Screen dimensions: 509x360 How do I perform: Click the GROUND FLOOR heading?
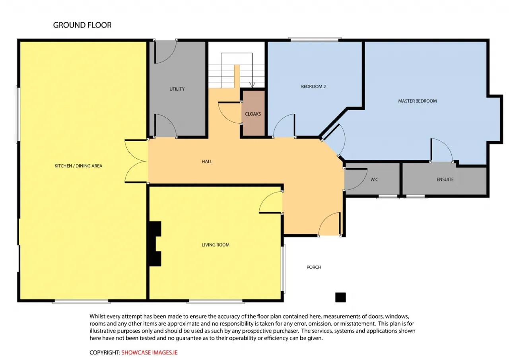pyautogui.click(x=82, y=25)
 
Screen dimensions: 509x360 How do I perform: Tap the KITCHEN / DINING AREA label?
pyautogui.click(x=78, y=166)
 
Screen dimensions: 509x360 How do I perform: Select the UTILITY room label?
pyautogui.click(x=177, y=89)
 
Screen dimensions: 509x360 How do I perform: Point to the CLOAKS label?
pyautogui.click(x=253, y=114)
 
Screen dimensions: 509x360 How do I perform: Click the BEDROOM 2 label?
pyautogui.click(x=313, y=87)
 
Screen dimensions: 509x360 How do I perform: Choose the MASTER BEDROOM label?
pyautogui.click(x=418, y=101)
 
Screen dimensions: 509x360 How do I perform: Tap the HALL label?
pyautogui.click(x=207, y=162)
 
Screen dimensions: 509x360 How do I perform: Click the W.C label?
pyautogui.click(x=374, y=179)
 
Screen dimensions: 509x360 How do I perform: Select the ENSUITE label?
pyautogui.click(x=445, y=179)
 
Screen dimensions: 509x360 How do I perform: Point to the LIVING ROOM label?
pyautogui.click(x=216, y=245)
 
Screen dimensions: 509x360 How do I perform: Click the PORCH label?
pyautogui.click(x=314, y=267)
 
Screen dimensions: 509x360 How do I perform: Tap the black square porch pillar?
pyautogui.click(x=340, y=298)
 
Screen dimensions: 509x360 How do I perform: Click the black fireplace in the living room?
pyautogui.click(x=155, y=243)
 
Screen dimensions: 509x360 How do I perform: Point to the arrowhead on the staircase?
pyautogui.click(x=252, y=85)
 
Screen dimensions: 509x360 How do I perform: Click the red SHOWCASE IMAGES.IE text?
pyautogui.click(x=149, y=352)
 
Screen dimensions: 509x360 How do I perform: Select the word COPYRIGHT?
pyautogui.click(x=104, y=352)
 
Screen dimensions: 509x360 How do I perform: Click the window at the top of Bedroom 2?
pyautogui.click(x=315, y=40)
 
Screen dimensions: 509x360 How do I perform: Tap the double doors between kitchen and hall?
pyautogui.click(x=136, y=162)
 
